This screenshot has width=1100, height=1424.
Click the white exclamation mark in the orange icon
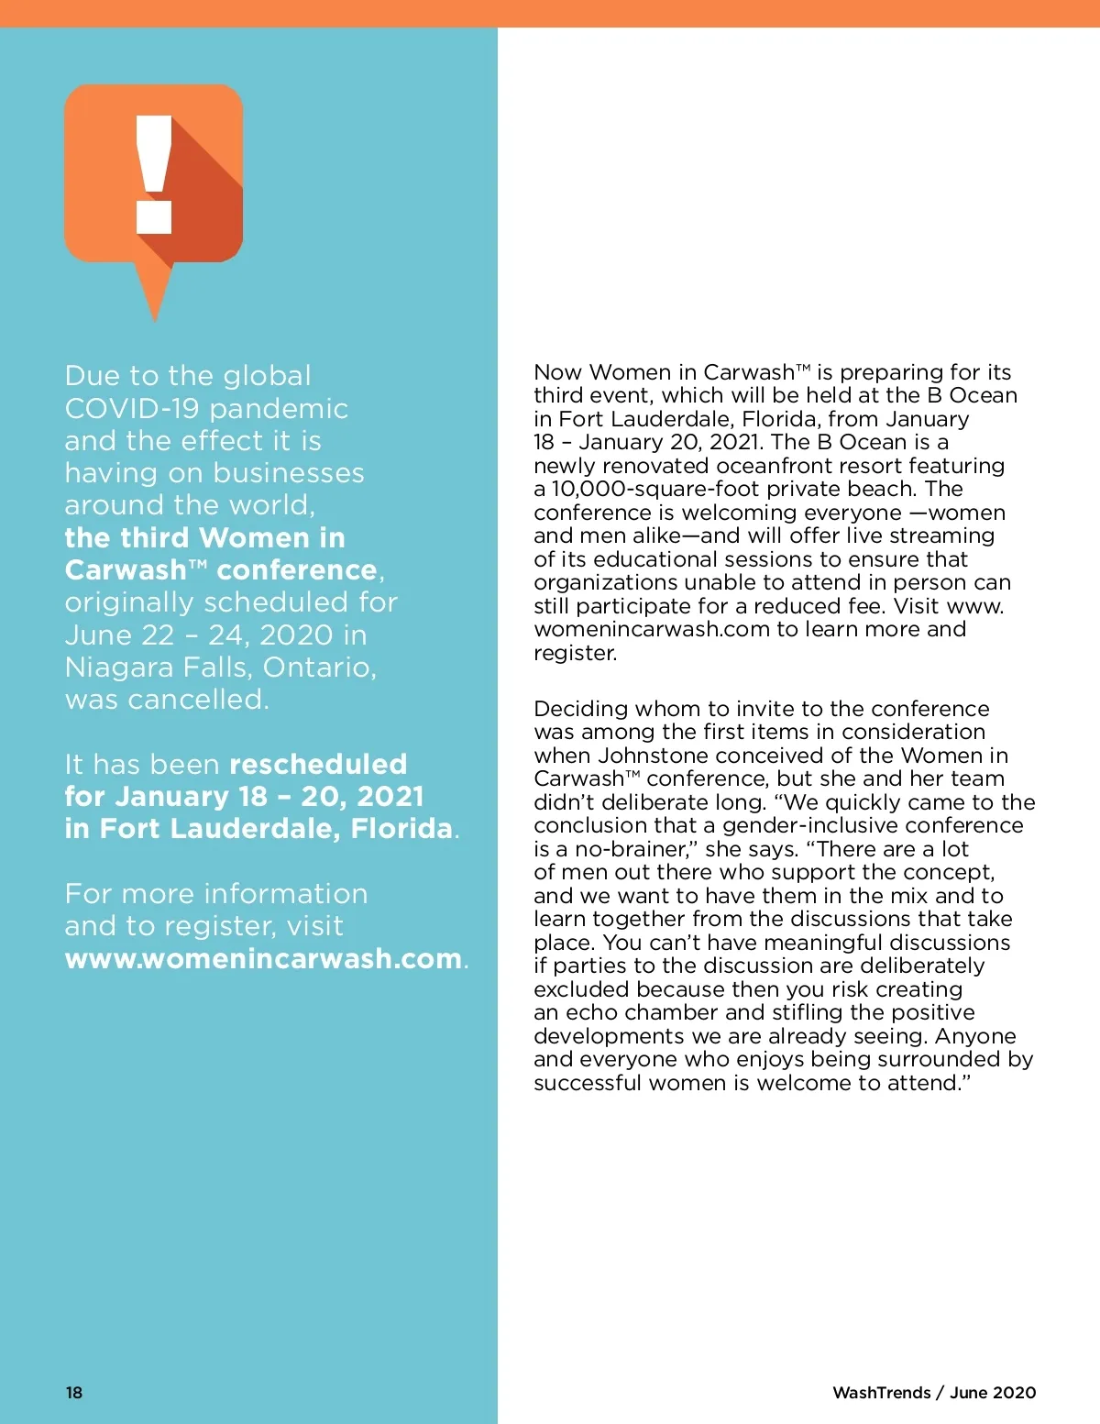[154, 173]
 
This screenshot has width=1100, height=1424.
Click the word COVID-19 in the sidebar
[132, 408]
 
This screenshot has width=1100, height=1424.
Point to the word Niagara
[120, 668]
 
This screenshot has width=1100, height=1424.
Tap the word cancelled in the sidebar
[197, 700]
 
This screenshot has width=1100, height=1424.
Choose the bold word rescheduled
[318, 764]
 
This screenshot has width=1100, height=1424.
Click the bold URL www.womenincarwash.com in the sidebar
[263, 958]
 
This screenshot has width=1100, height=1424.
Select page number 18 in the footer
[74, 1392]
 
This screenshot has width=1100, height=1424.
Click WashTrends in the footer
[881, 1392]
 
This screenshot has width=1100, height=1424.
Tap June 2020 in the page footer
[993, 1392]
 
